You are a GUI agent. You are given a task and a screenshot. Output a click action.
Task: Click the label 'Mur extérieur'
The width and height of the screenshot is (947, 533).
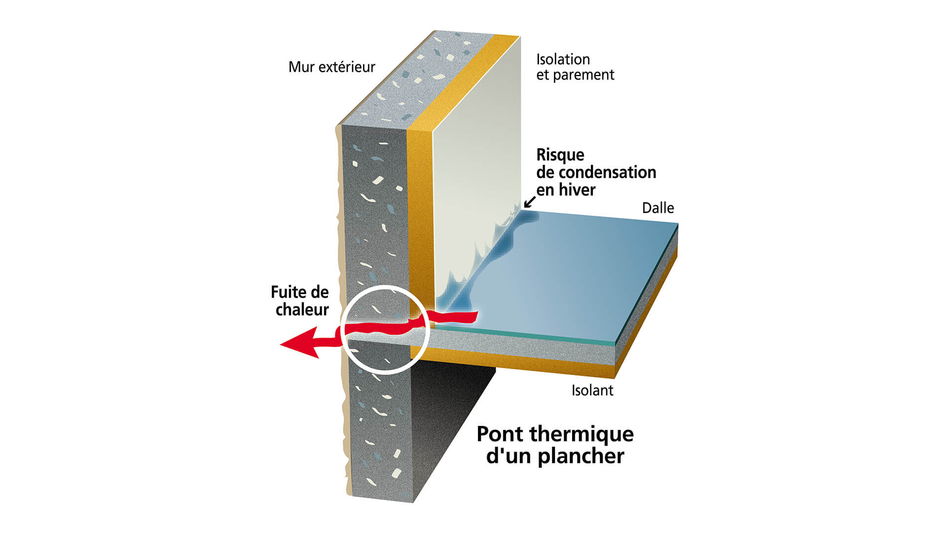[331, 67]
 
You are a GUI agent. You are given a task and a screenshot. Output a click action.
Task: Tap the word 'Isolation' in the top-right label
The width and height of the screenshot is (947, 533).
[563, 60]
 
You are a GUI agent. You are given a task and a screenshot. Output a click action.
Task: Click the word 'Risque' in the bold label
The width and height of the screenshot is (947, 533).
[560, 155]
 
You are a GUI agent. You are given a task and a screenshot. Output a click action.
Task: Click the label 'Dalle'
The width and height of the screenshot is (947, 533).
[657, 208]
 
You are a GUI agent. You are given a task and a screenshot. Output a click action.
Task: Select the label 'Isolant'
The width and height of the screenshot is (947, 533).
[592, 390]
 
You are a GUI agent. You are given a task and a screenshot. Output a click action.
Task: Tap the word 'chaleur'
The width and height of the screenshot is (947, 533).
[302, 310]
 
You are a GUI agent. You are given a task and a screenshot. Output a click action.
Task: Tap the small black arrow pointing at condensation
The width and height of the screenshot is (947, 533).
[529, 202]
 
